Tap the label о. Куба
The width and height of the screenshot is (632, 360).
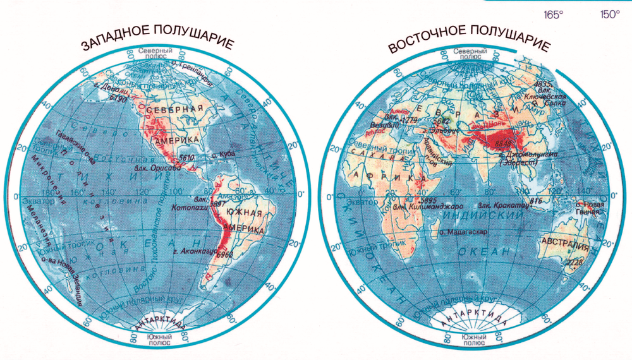(222, 154)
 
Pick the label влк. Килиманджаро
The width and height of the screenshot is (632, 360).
(428, 207)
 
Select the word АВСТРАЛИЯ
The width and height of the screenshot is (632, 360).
(565, 241)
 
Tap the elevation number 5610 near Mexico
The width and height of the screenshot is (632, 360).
(186, 156)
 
